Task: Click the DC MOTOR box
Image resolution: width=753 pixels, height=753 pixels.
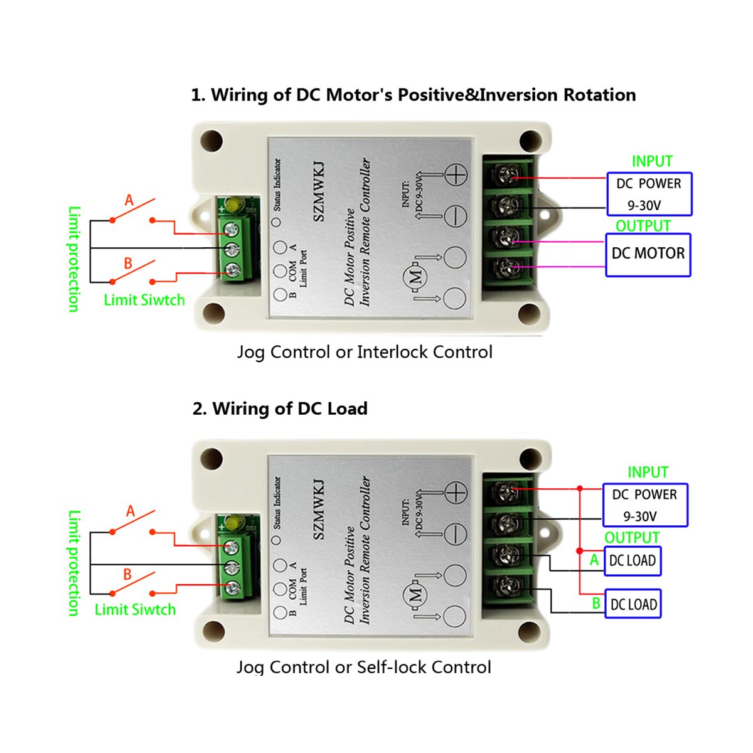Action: point(648,255)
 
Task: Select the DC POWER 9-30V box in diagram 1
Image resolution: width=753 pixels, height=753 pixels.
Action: point(649,194)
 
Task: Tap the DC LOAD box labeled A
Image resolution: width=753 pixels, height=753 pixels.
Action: point(632,561)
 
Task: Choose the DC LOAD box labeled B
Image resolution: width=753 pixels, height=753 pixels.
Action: point(633,604)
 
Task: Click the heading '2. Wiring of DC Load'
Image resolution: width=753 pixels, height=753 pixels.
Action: point(280,409)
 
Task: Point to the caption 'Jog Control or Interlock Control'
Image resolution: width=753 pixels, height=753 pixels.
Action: point(365,352)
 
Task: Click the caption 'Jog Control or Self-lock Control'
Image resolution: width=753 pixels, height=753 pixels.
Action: point(363,667)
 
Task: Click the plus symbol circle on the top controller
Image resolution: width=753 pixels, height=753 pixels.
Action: point(456,174)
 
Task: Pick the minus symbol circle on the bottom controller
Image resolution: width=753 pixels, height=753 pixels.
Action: point(456,534)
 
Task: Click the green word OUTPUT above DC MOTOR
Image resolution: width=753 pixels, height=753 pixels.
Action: point(643,226)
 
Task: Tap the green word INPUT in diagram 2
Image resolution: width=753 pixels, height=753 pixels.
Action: point(648,472)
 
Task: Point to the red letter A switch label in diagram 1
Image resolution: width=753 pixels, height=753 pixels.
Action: point(129,200)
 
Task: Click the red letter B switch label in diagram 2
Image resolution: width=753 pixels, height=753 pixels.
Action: point(127,574)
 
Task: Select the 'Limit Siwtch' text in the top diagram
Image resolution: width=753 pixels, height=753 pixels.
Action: point(144,300)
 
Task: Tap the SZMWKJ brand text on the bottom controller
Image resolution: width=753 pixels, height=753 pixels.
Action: point(319,509)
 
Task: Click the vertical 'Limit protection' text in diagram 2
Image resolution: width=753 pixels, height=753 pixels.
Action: point(74,562)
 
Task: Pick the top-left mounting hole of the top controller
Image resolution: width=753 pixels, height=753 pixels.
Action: point(212,141)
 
